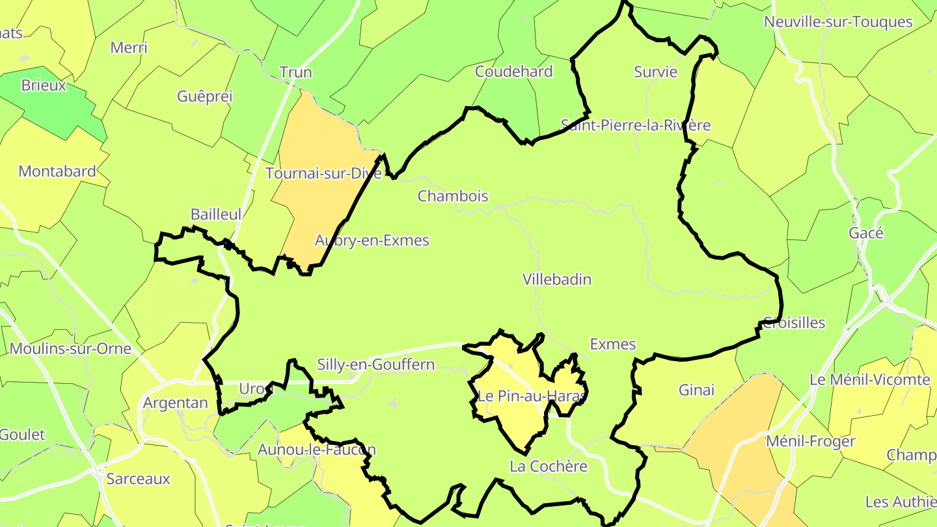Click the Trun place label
click(x=295, y=72)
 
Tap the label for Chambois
click(x=453, y=196)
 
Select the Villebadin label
click(x=557, y=280)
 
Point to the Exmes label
click(x=612, y=344)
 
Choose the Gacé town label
click(x=866, y=233)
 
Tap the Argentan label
click(x=175, y=403)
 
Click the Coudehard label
click(x=514, y=72)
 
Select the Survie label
click(x=656, y=72)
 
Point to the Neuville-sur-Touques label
click(x=838, y=22)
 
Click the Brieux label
click(x=44, y=85)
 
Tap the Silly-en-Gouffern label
click(x=375, y=364)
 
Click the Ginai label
click(x=696, y=390)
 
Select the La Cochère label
click(x=549, y=466)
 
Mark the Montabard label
click(x=57, y=172)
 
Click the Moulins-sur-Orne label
click(x=70, y=349)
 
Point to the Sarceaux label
click(x=138, y=480)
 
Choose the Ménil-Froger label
click(x=810, y=442)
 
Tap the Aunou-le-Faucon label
click(x=317, y=450)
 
